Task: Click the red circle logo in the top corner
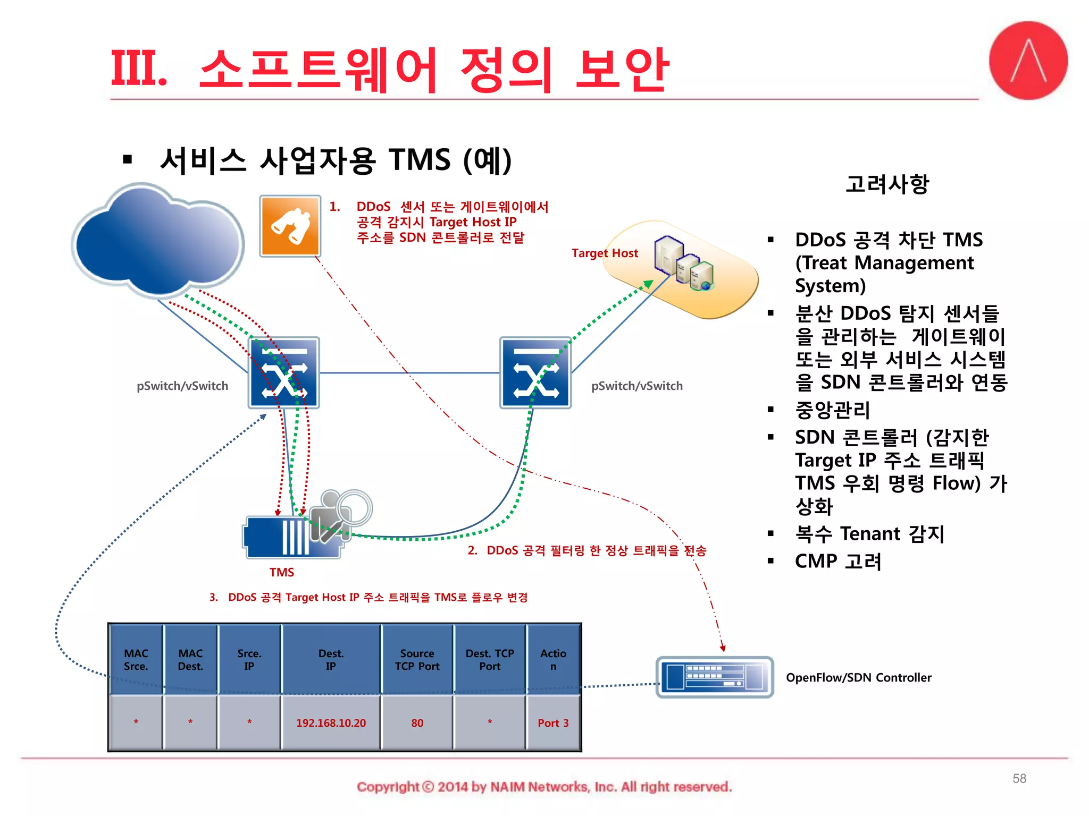click(x=1028, y=61)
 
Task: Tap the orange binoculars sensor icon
click(x=290, y=226)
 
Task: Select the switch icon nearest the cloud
click(x=284, y=373)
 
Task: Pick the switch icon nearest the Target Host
click(x=535, y=373)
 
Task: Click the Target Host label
click(x=605, y=253)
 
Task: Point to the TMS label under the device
click(x=281, y=572)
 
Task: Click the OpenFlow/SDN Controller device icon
click(x=714, y=677)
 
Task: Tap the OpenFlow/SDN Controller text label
click(x=858, y=677)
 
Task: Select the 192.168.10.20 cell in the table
click(x=331, y=723)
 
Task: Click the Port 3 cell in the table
click(x=553, y=723)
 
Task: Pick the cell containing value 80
click(x=417, y=723)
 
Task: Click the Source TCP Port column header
click(x=417, y=660)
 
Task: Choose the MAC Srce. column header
click(x=136, y=660)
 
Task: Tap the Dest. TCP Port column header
click(x=490, y=660)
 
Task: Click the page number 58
click(x=1019, y=778)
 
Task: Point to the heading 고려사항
click(x=887, y=184)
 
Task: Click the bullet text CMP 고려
click(x=838, y=562)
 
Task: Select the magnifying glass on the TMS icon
click(x=354, y=507)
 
